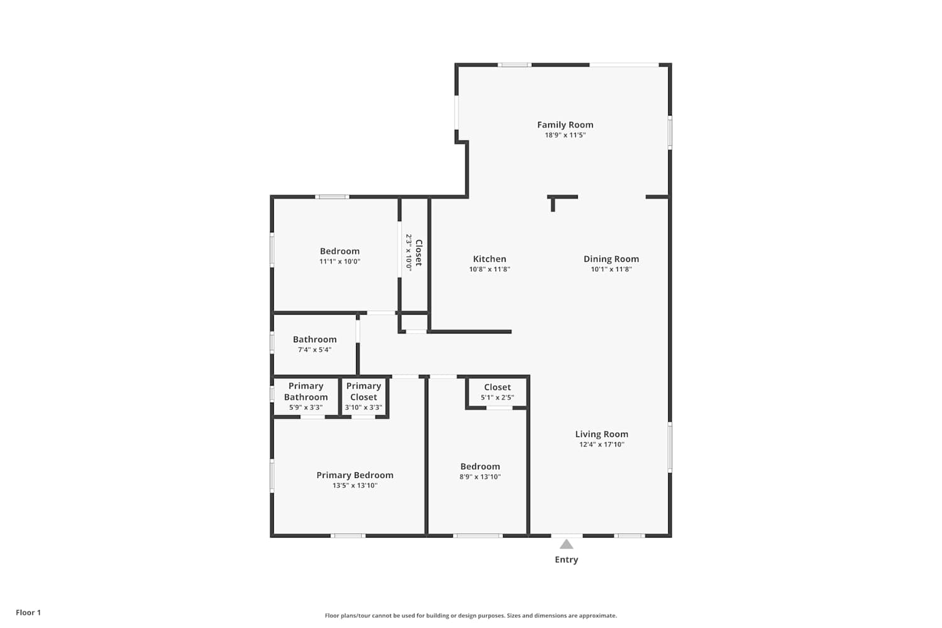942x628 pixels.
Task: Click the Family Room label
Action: [565, 125]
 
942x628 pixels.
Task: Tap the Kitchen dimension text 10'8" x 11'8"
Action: [489, 269]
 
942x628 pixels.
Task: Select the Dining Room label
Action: [611, 259]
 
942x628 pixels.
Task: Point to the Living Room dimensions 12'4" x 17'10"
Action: [602, 444]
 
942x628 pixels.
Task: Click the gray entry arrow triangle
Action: [566, 544]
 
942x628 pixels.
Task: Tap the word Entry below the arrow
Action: [566, 560]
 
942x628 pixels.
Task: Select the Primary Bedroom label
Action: [355, 475]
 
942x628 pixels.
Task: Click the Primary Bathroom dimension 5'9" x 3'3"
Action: [306, 407]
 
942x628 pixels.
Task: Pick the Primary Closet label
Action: [364, 392]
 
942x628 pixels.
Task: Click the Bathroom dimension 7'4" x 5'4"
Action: [315, 350]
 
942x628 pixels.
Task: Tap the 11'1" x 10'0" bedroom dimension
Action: [340, 261]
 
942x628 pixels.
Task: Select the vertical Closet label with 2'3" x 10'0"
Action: [414, 252]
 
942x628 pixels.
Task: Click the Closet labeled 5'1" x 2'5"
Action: [497, 392]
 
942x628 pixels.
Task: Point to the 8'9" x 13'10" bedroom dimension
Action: [480, 477]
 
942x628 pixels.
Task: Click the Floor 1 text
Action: [29, 612]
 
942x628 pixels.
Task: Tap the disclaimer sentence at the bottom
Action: [470, 615]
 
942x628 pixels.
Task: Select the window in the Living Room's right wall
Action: [670, 447]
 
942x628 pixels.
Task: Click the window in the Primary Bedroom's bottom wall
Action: [348, 536]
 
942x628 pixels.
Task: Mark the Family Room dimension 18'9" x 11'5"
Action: [565, 135]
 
